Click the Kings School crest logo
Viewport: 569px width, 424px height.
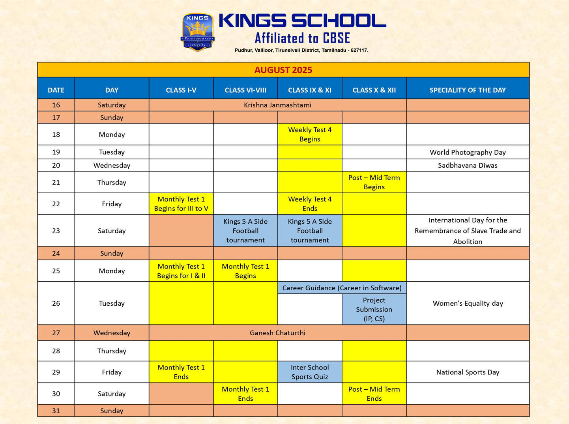tap(198, 32)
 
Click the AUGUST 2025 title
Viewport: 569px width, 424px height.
tap(283, 70)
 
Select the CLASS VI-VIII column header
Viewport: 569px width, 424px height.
tap(245, 90)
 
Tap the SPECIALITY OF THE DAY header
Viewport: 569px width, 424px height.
tap(468, 90)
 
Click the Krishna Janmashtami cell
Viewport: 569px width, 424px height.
tap(277, 105)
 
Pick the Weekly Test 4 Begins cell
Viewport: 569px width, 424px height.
tap(310, 134)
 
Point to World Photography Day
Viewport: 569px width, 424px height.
tap(468, 152)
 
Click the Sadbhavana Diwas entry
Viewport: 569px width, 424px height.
tap(468, 165)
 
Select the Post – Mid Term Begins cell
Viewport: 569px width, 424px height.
tap(374, 182)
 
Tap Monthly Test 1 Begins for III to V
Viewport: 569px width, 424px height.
tap(181, 204)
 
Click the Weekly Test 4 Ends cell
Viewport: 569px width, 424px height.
tap(310, 204)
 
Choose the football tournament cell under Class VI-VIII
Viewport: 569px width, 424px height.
tap(245, 231)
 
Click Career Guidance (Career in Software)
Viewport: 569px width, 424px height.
tap(342, 288)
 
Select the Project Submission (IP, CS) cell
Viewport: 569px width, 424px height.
tap(374, 310)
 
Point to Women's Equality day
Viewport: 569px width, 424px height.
tap(468, 303)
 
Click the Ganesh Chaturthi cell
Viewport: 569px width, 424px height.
tap(277, 333)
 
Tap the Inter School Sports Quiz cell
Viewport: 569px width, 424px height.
tap(310, 372)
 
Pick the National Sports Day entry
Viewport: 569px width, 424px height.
tap(468, 372)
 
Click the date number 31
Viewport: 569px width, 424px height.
tap(56, 411)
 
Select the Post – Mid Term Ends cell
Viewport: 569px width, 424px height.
tap(374, 394)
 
